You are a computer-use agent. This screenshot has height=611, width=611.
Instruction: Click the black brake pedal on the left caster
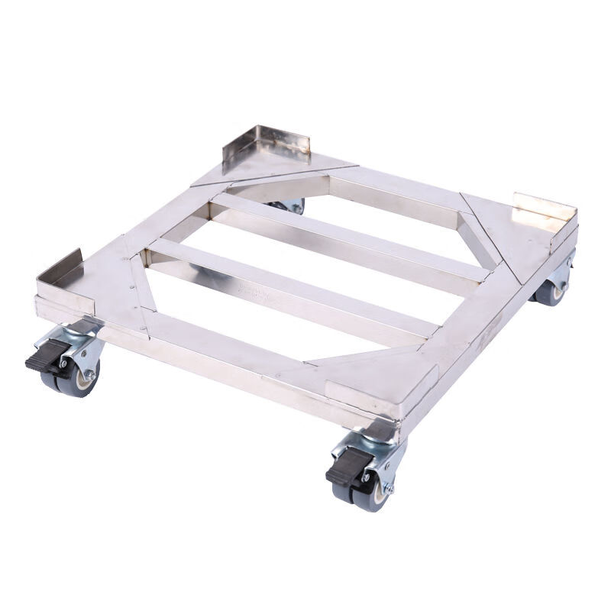40,360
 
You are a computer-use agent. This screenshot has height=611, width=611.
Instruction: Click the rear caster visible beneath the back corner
294,205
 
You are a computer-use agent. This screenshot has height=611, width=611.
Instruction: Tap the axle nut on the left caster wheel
89,375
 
